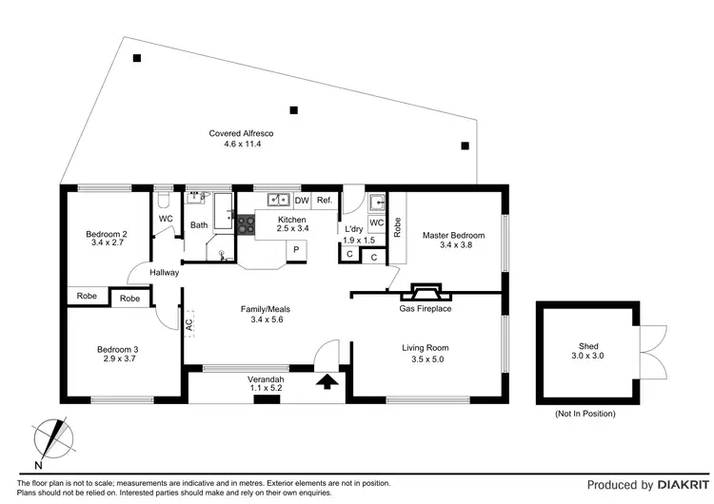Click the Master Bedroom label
click(453, 236)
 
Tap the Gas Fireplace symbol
click(425, 290)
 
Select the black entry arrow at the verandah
click(327, 382)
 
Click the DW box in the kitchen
click(302, 201)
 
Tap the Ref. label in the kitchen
click(325, 201)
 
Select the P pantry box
click(296, 249)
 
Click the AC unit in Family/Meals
click(188, 323)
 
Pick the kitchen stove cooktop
click(246, 224)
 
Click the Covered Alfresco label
click(236, 133)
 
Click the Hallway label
click(164, 273)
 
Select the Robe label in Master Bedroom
click(397, 228)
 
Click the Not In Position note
click(585, 414)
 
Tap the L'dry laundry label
click(352, 230)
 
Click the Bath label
click(198, 225)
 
